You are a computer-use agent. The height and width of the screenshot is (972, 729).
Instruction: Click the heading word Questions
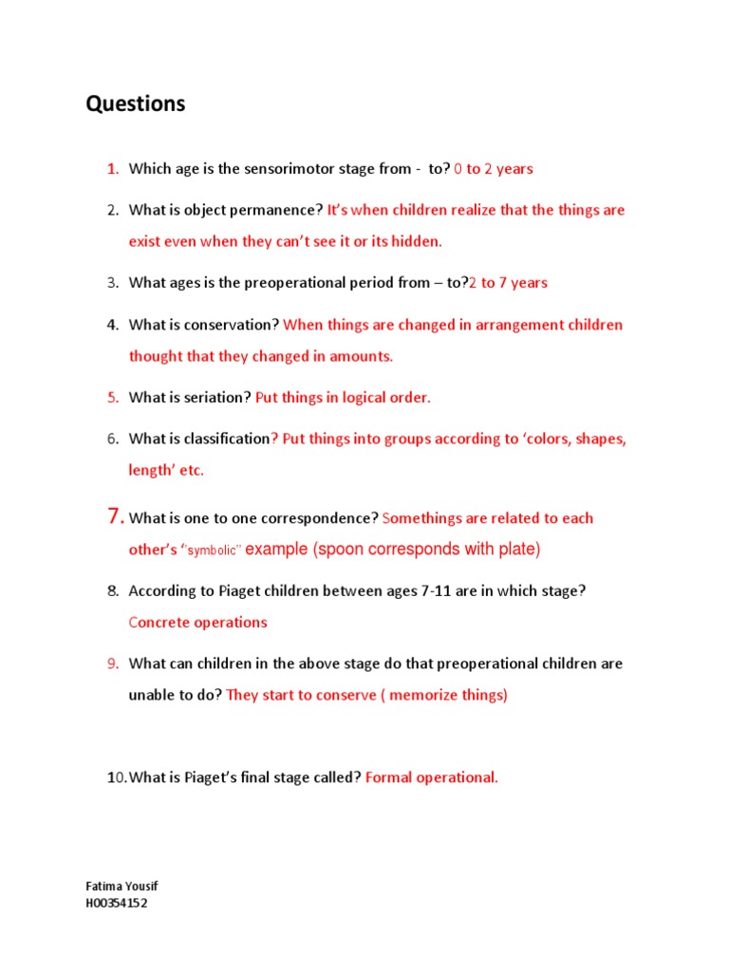[x=136, y=104]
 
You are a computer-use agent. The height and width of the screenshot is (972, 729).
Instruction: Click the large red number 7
[x=115, y=516]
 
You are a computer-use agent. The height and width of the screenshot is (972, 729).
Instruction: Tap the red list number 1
[x=112, y=169]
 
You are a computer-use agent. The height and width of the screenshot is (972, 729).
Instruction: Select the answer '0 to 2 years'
[x=494, y=169]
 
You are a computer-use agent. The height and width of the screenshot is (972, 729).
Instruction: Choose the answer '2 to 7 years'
[x=508, y=283]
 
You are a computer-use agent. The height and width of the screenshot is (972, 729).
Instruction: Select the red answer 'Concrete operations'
[x=198, y=623]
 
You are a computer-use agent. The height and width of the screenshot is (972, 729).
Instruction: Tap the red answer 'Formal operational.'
[x=432, y=777]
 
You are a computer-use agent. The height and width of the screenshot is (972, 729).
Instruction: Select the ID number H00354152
[x=117, y=903]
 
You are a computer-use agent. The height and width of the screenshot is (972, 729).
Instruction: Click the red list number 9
[x=112, y=664]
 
